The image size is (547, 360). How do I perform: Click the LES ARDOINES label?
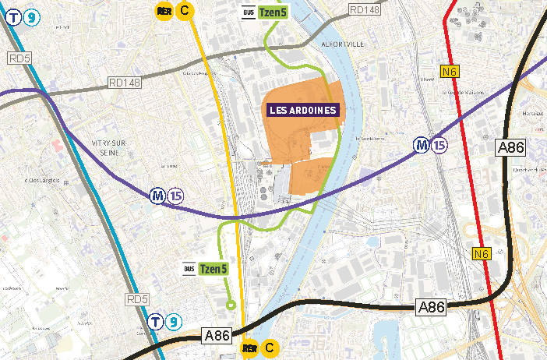[x=304, y=110]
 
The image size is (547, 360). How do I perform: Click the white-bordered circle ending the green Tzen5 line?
[x=230, y=305]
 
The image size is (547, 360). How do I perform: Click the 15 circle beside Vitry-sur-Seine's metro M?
[x=175, y=196]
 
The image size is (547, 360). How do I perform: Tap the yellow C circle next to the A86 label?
[x=270, y=348]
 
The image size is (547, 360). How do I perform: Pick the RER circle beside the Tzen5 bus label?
[x=164, y=10]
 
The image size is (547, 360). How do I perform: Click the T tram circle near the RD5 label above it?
[x=156, y=321]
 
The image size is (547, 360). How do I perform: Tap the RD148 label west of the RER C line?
[x=125, y=82]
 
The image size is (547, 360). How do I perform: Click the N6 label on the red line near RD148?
[x=450, y=72]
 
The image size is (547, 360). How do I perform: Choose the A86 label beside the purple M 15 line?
[x=510, y=148]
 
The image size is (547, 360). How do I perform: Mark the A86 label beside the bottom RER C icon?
[x=217, y=336]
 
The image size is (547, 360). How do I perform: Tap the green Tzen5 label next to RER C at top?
[x=273, y=12]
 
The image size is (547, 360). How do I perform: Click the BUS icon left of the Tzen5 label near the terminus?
[x=188, y=269]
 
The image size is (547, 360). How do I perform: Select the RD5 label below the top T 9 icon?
[x=16, y=58]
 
